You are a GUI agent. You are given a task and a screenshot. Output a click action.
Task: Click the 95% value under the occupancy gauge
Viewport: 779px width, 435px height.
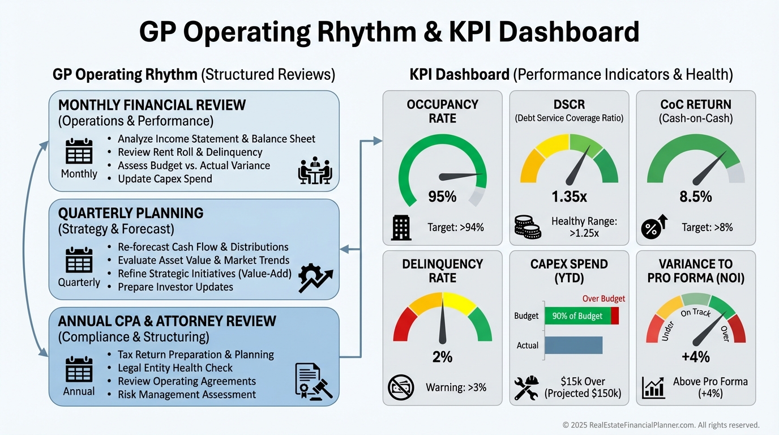[x=442, y=197]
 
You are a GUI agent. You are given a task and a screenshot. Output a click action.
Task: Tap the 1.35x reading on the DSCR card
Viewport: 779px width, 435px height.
[x=569, y=197]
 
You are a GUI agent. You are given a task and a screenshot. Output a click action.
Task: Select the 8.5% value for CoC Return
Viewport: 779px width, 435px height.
[x=695, y=197]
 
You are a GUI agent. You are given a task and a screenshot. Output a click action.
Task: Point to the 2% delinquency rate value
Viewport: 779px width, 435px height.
[x=442, y=357]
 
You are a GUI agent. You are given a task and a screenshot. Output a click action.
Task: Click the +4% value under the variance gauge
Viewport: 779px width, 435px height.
[x=695, y=357]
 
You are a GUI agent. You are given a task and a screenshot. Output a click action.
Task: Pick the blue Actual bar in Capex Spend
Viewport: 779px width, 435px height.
[x=573, y=345]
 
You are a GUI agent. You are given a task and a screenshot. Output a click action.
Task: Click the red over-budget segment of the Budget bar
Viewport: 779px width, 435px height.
[x=615, y=315]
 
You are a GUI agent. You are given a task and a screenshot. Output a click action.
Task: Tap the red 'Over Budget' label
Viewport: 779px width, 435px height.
[x=603, y=298]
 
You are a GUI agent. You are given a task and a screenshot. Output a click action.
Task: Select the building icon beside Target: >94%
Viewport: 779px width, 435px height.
[x=401, y=228]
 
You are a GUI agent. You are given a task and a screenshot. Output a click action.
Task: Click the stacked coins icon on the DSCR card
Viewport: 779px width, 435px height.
[x=528, y=227]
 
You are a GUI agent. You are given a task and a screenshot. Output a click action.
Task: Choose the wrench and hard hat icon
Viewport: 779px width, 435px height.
[x=527, y=388]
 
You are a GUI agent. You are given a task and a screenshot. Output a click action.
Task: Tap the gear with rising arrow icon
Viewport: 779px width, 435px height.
[x=315, y=278]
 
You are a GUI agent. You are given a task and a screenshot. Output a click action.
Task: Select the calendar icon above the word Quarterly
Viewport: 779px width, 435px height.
[x=79, y=261]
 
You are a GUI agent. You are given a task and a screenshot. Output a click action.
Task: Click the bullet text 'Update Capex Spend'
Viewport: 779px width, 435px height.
[x=165, y=179]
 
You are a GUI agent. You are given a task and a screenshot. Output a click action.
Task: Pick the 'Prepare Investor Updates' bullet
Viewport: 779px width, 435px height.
[x=175, y=287]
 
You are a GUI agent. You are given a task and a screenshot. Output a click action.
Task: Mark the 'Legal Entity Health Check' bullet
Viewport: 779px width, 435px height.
[x=175, y=368]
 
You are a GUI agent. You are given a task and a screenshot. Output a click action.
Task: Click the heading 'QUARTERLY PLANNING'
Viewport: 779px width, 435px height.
[x=131, y=214]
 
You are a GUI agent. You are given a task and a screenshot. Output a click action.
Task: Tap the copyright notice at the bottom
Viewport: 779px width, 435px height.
[x=661, y=425]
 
